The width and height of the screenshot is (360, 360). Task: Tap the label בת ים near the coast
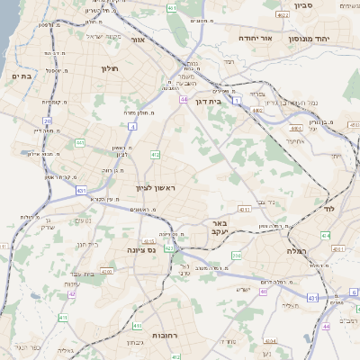click(x=21, y=77)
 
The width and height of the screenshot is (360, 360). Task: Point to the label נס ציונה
click(x=140, y=249)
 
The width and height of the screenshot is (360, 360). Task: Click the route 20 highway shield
click(x=46, y=120)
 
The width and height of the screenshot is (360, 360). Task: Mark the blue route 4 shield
click(x=133, y=127)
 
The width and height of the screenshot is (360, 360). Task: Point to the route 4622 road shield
click(x=283, y=15)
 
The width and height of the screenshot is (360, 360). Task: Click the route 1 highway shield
click(x=236, y=101)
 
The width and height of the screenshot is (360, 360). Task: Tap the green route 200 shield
click(x=236, y=256)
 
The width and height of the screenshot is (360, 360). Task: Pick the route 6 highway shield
click(x=354, y=292)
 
